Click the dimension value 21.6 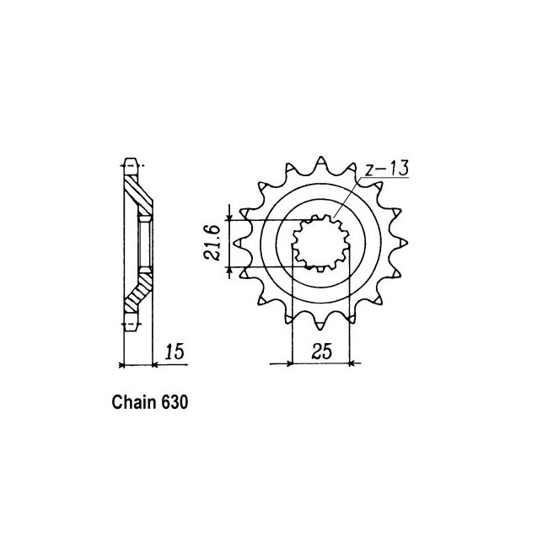[212, 243]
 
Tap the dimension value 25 [321, 352]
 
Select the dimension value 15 [175, 352]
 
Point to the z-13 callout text [386, 169]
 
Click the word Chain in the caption [133, 402]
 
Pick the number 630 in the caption [175, 402]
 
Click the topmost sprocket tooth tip [321, 157]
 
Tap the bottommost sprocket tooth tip [320, 330]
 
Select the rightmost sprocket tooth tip [407, 243]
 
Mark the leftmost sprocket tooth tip [234, 243]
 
